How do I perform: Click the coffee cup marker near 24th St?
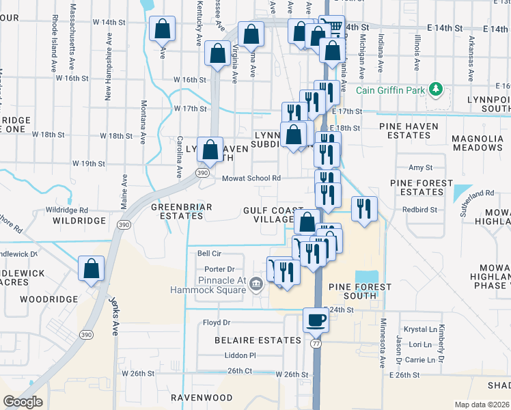tap(316, 319)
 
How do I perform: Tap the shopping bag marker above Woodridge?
tap(91, 269)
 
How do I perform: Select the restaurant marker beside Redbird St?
tap(364, 208)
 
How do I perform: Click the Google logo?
tap(23, 402)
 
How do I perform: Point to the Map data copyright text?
tap(482, 405)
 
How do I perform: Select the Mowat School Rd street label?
tap(251, 178)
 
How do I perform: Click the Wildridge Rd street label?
tap(67, 210)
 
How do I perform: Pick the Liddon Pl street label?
tap(240, 355)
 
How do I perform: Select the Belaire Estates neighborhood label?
tap(258, 340)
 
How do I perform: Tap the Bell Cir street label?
tap(210, 253)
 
